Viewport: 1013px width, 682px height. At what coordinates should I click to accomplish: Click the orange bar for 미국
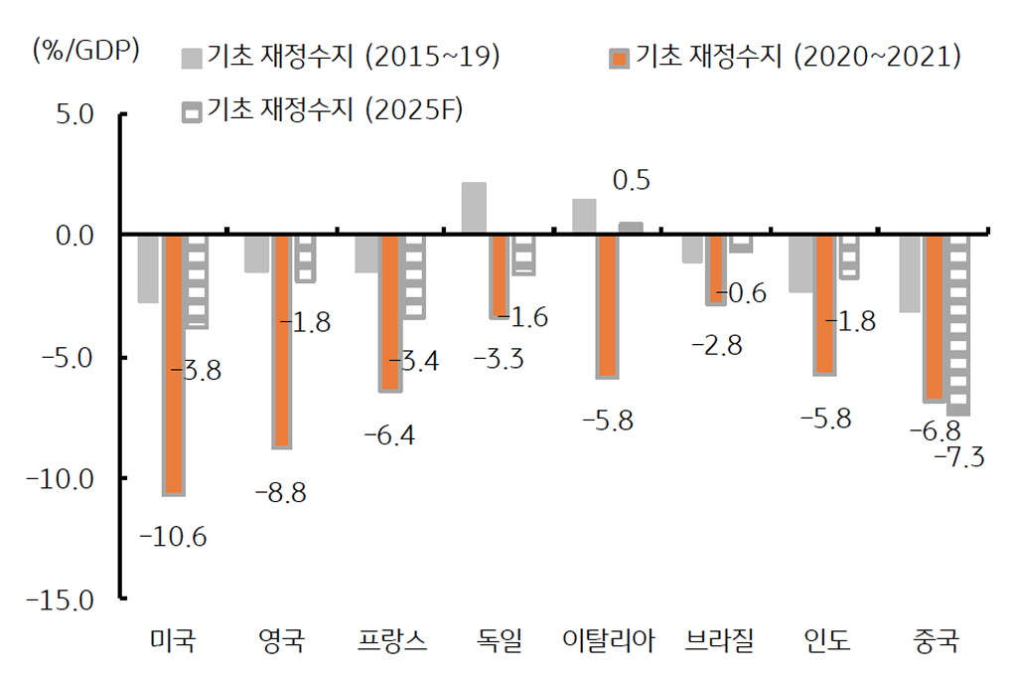[x=174, y=363]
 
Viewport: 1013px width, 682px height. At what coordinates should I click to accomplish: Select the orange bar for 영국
[x=282, y=341]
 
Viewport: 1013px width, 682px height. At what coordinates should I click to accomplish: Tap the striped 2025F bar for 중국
[x=958, y=324]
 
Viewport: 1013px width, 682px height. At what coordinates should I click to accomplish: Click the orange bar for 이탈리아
[x=608, y=305]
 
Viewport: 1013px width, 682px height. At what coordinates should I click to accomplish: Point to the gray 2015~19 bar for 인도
[x=800, y=263]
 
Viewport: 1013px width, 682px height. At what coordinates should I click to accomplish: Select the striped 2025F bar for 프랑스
[x=414, y=276]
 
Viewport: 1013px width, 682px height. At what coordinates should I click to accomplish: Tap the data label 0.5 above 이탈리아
[x=632, y=180]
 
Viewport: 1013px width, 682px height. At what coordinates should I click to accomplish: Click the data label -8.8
[x=281, y=492]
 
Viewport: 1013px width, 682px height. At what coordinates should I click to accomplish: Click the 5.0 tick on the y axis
[x=78, y=114]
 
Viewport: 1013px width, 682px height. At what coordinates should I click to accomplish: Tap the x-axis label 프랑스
[x=392, y=641]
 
